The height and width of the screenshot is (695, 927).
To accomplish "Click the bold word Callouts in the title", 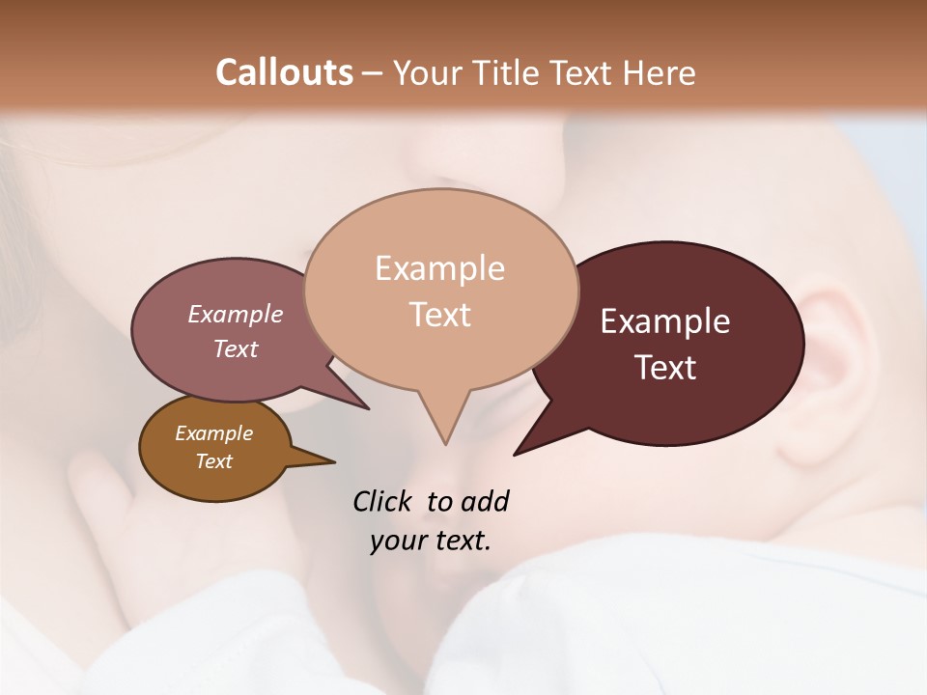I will pos(284,72).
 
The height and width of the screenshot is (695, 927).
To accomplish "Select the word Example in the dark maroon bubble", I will pos(665,321).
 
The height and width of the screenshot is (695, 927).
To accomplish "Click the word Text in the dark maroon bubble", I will pos(665,368).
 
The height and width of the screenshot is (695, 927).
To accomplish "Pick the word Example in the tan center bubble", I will pos(439,268).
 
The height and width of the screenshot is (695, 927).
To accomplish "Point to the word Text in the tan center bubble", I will pos(439,315).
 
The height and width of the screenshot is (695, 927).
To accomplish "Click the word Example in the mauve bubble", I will pos(236,315).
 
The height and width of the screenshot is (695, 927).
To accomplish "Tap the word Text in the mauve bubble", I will pos(236,348).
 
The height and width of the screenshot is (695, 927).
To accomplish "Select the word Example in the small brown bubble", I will pos(213,434).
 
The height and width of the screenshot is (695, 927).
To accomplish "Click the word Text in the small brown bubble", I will pos(213,461).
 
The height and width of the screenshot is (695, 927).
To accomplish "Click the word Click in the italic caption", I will pos(382,502).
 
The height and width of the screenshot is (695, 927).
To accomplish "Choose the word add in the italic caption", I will pos(485,502).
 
